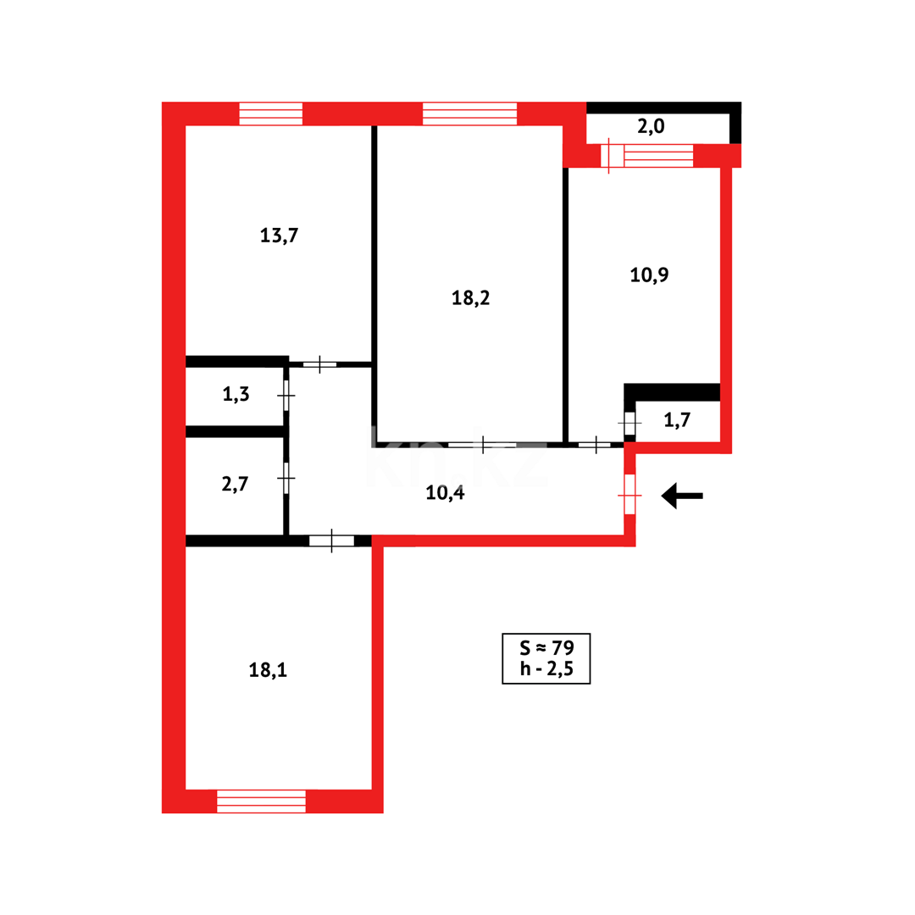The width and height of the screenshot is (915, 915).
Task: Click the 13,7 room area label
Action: (x=279, y=236)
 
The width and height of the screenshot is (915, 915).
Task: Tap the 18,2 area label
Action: (x=471, y=298)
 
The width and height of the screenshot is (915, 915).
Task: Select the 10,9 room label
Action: (x=650, y=274)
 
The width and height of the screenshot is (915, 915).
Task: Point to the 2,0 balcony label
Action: (x=651, y=128)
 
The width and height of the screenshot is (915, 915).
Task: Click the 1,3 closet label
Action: (x=236, y=394)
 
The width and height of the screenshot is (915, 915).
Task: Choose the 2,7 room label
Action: (x=235, y=484)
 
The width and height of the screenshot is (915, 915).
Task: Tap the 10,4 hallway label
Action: (x=445, y=493)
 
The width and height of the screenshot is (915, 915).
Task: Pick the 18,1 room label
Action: (x=268, y=670)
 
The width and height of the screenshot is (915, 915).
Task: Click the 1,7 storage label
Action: (x=677, y=420)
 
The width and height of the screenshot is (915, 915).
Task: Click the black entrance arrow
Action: (x=682, y=496)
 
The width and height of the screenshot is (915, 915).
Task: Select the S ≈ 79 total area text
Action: (x=546, y=648)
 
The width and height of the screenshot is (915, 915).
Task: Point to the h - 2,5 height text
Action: (x=546, y=669)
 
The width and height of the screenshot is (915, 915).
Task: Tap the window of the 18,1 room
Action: (x=261, y=801)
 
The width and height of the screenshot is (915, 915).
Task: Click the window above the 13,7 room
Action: (x=270, y=114)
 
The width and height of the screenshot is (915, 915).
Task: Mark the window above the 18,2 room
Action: (x=469, y=114)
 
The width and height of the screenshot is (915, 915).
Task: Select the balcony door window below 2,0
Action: (x=647, y=156)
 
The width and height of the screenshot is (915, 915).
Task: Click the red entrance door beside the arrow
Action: (x=629, y=495)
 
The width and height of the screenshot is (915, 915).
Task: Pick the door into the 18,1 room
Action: (x=331, y=541)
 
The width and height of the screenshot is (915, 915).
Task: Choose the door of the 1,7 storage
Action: (x=629, y=423)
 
